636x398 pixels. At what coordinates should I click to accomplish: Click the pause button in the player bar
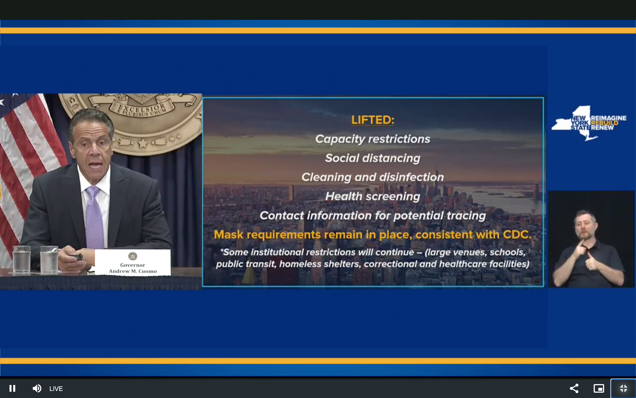pyautogui.click(x=12, y=388)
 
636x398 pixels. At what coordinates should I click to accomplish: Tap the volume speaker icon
pyautogui.click(x=37, y=388)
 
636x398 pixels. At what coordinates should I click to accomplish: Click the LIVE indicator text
pyautogui.click(x=56, y=388)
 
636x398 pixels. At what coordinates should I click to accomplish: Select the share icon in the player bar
pyautogui.click(x=574, y=388)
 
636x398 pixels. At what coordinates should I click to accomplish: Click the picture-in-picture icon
pyautogui.click(x=599, y=388)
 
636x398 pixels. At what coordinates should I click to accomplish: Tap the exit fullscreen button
pyautogui.click(x=623, y=388)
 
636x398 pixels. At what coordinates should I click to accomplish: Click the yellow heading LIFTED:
pyautogui.click(x=373, y=120)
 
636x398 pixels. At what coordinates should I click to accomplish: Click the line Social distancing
pyautogui.click(x=373, y=158)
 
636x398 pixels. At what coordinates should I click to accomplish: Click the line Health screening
pyautogui.click(x=373, y=196)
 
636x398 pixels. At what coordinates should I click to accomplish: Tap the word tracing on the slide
pyautogui.click(x=466, y=216)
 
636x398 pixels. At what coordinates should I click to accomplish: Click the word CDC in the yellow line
pyautogui.click(x=517, y=235)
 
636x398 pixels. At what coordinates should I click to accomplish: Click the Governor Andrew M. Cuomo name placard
pyautogui.click(x=133, y=262)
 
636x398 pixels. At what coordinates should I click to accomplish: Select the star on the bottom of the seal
pyautogui.click(x=143, y=143)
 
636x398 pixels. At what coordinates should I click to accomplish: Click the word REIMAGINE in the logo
pyautogui.click(x=608, y=118)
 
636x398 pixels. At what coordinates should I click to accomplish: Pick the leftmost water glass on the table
pyautogui.click(x=22, y=259)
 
